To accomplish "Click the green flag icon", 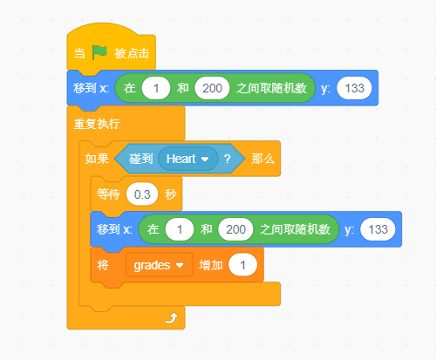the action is pyautogui.click(x=99, y=52).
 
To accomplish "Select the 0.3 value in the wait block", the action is pyautogui.click(x=142, y=194).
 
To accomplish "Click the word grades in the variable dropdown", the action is pyautogui.click(x=152, y=266).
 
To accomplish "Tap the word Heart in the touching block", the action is pyautogui.click(x=181, y=159).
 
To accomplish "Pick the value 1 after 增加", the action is pyautogui.click(x=242, y=265).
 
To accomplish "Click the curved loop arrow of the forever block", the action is pyautogui.click(x=171, y=318).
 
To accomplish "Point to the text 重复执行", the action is pyautogui.click(x=97, y=124).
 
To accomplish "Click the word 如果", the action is pyautogui.click(x=97, y=159).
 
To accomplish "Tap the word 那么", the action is pyautogui.click(x=262, y=159).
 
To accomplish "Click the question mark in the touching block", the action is pyautogui.click(x=228, y=159).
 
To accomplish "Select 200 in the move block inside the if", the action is pyautogui.click(x=235, y=229).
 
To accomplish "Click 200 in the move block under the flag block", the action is pyautogui.click(x=212, y=88).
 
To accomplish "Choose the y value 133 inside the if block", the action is pyautogui.click(x=378, y=229).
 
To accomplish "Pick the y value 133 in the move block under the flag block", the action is pyautogui.click(x=354, y=88).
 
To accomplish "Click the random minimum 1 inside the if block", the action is pyautogui.click(x=180, y=229).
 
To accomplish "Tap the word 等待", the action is pyautogui.click(x=108, y=194).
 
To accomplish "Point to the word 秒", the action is pyautogui.click(x=171, y=194).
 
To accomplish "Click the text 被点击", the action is pyautogui.click(x=132, y=53).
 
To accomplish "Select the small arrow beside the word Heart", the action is pyautogui.click(x=205, y=160).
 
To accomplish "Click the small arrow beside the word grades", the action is pyautogui.click(x=180, y=265).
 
